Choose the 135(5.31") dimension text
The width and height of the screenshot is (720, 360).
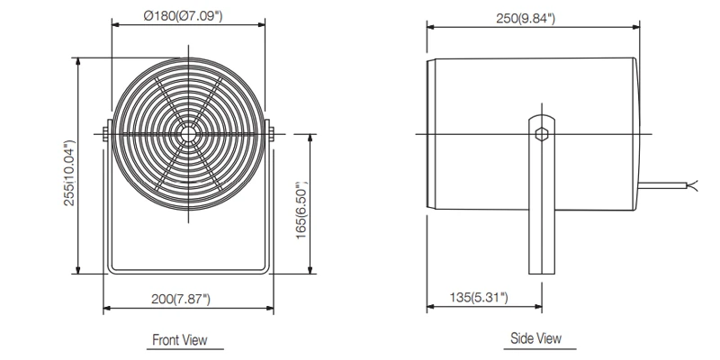pyautogui.click(x=478, y=296)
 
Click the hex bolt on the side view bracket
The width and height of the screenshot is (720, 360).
pyautogui.click(x=541, y=134)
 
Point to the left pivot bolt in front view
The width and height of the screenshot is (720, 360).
pyautogui.click(x=105, y=134)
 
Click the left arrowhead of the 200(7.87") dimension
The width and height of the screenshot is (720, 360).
pyautogui.click(x=107, y=309)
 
